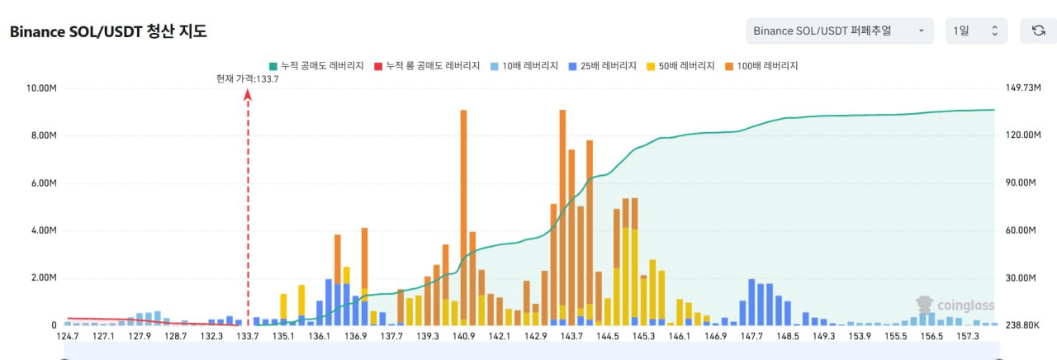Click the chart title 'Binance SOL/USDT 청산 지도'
point(108,32)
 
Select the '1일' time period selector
point(976,31)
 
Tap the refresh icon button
point(1038,31)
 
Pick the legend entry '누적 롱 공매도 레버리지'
point(426,65)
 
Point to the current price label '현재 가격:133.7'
point(247,78)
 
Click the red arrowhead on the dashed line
point(248,94)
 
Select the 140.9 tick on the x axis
point(463,336)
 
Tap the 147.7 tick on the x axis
point(752,336)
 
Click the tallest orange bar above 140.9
point(463,215)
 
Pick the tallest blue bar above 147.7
point(751,301)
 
